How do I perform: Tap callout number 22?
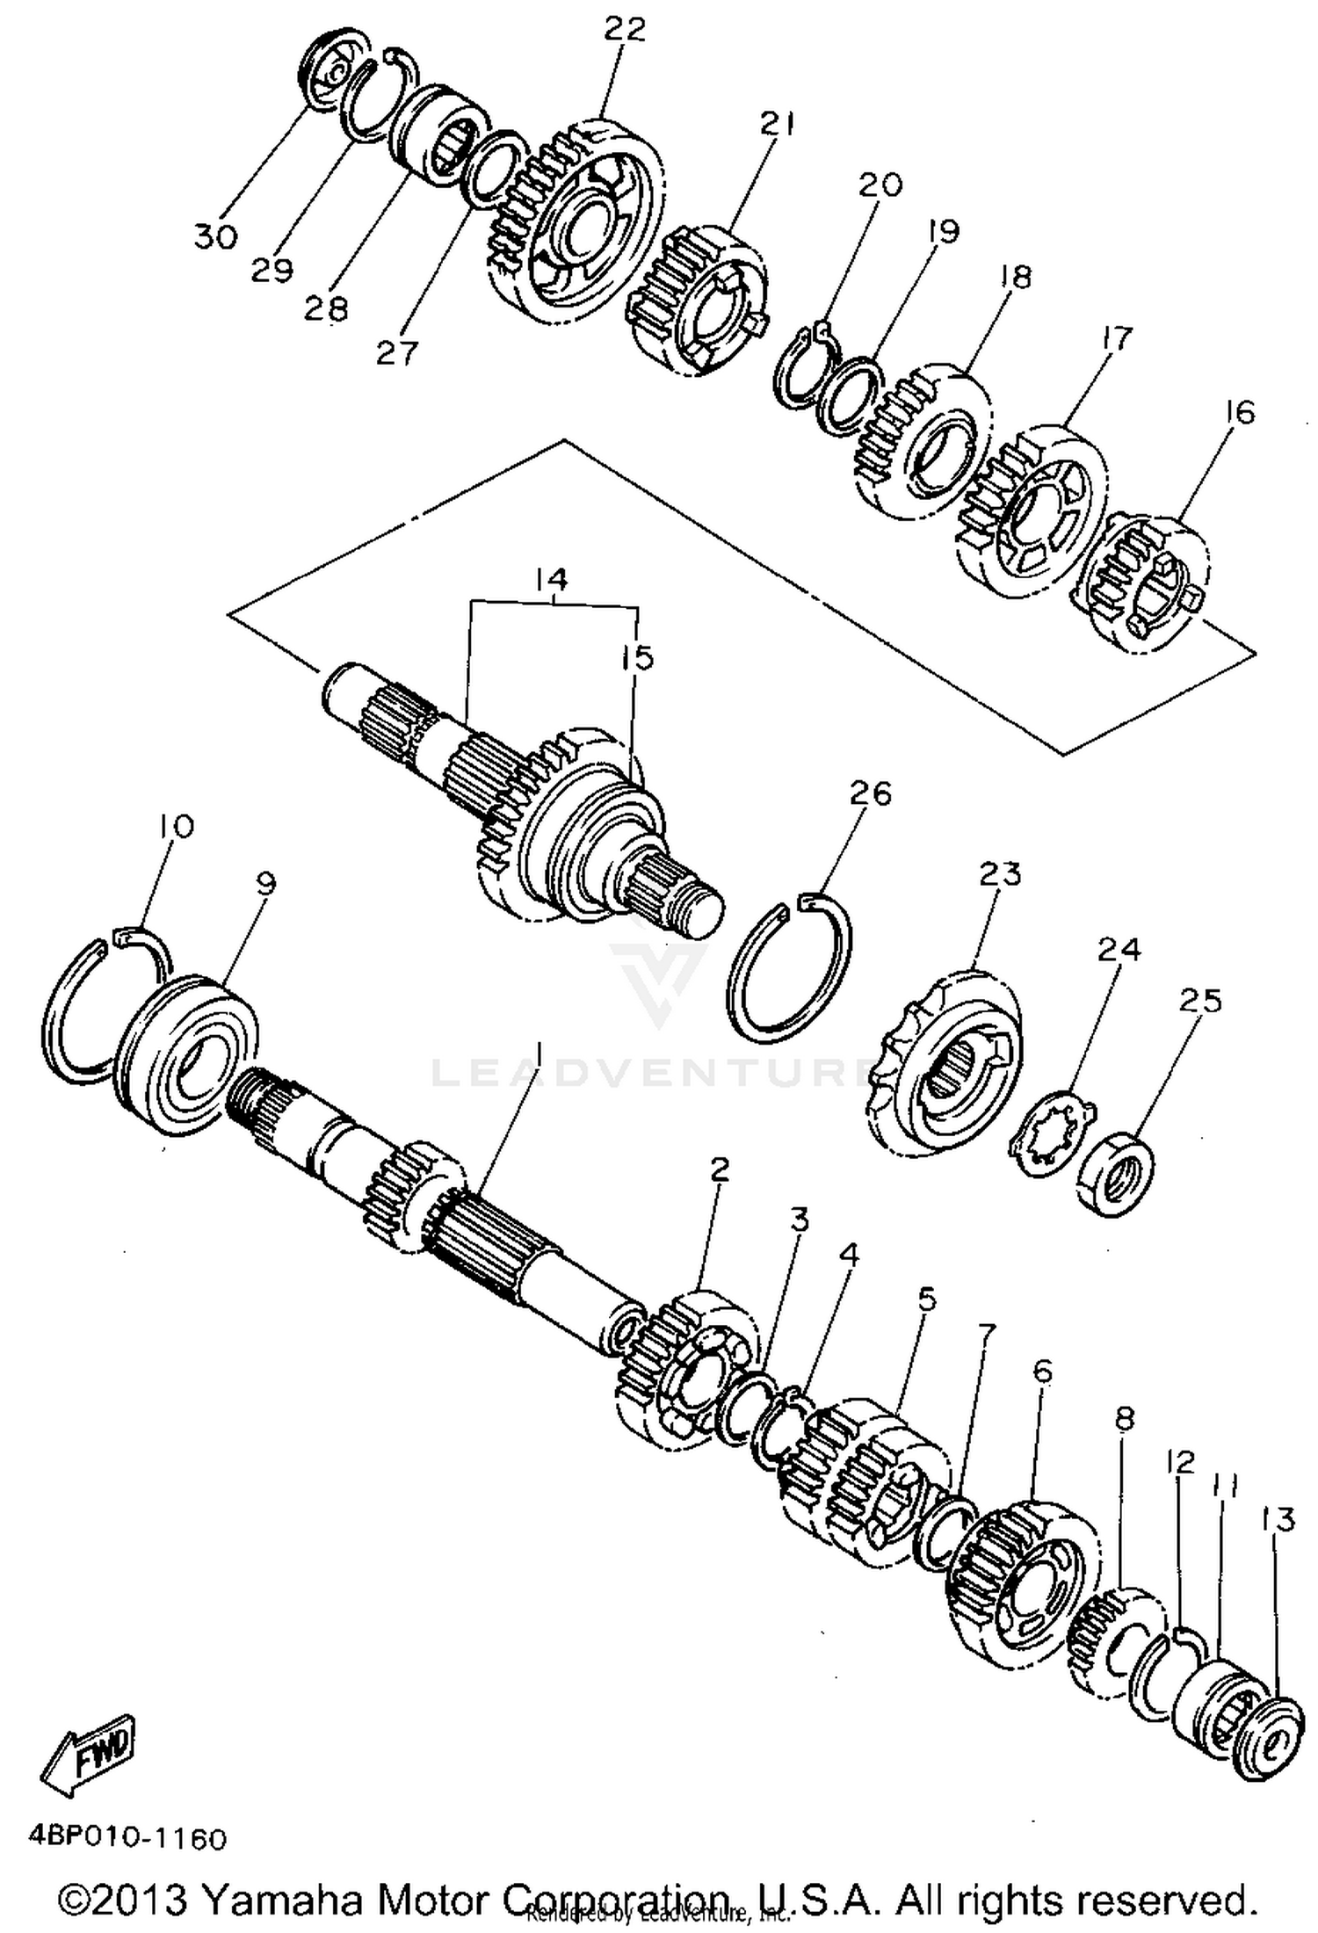pos(624,29)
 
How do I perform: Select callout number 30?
pos(215,235)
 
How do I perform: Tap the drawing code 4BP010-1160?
pos(127,1838)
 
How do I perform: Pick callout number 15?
pos(638,656)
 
